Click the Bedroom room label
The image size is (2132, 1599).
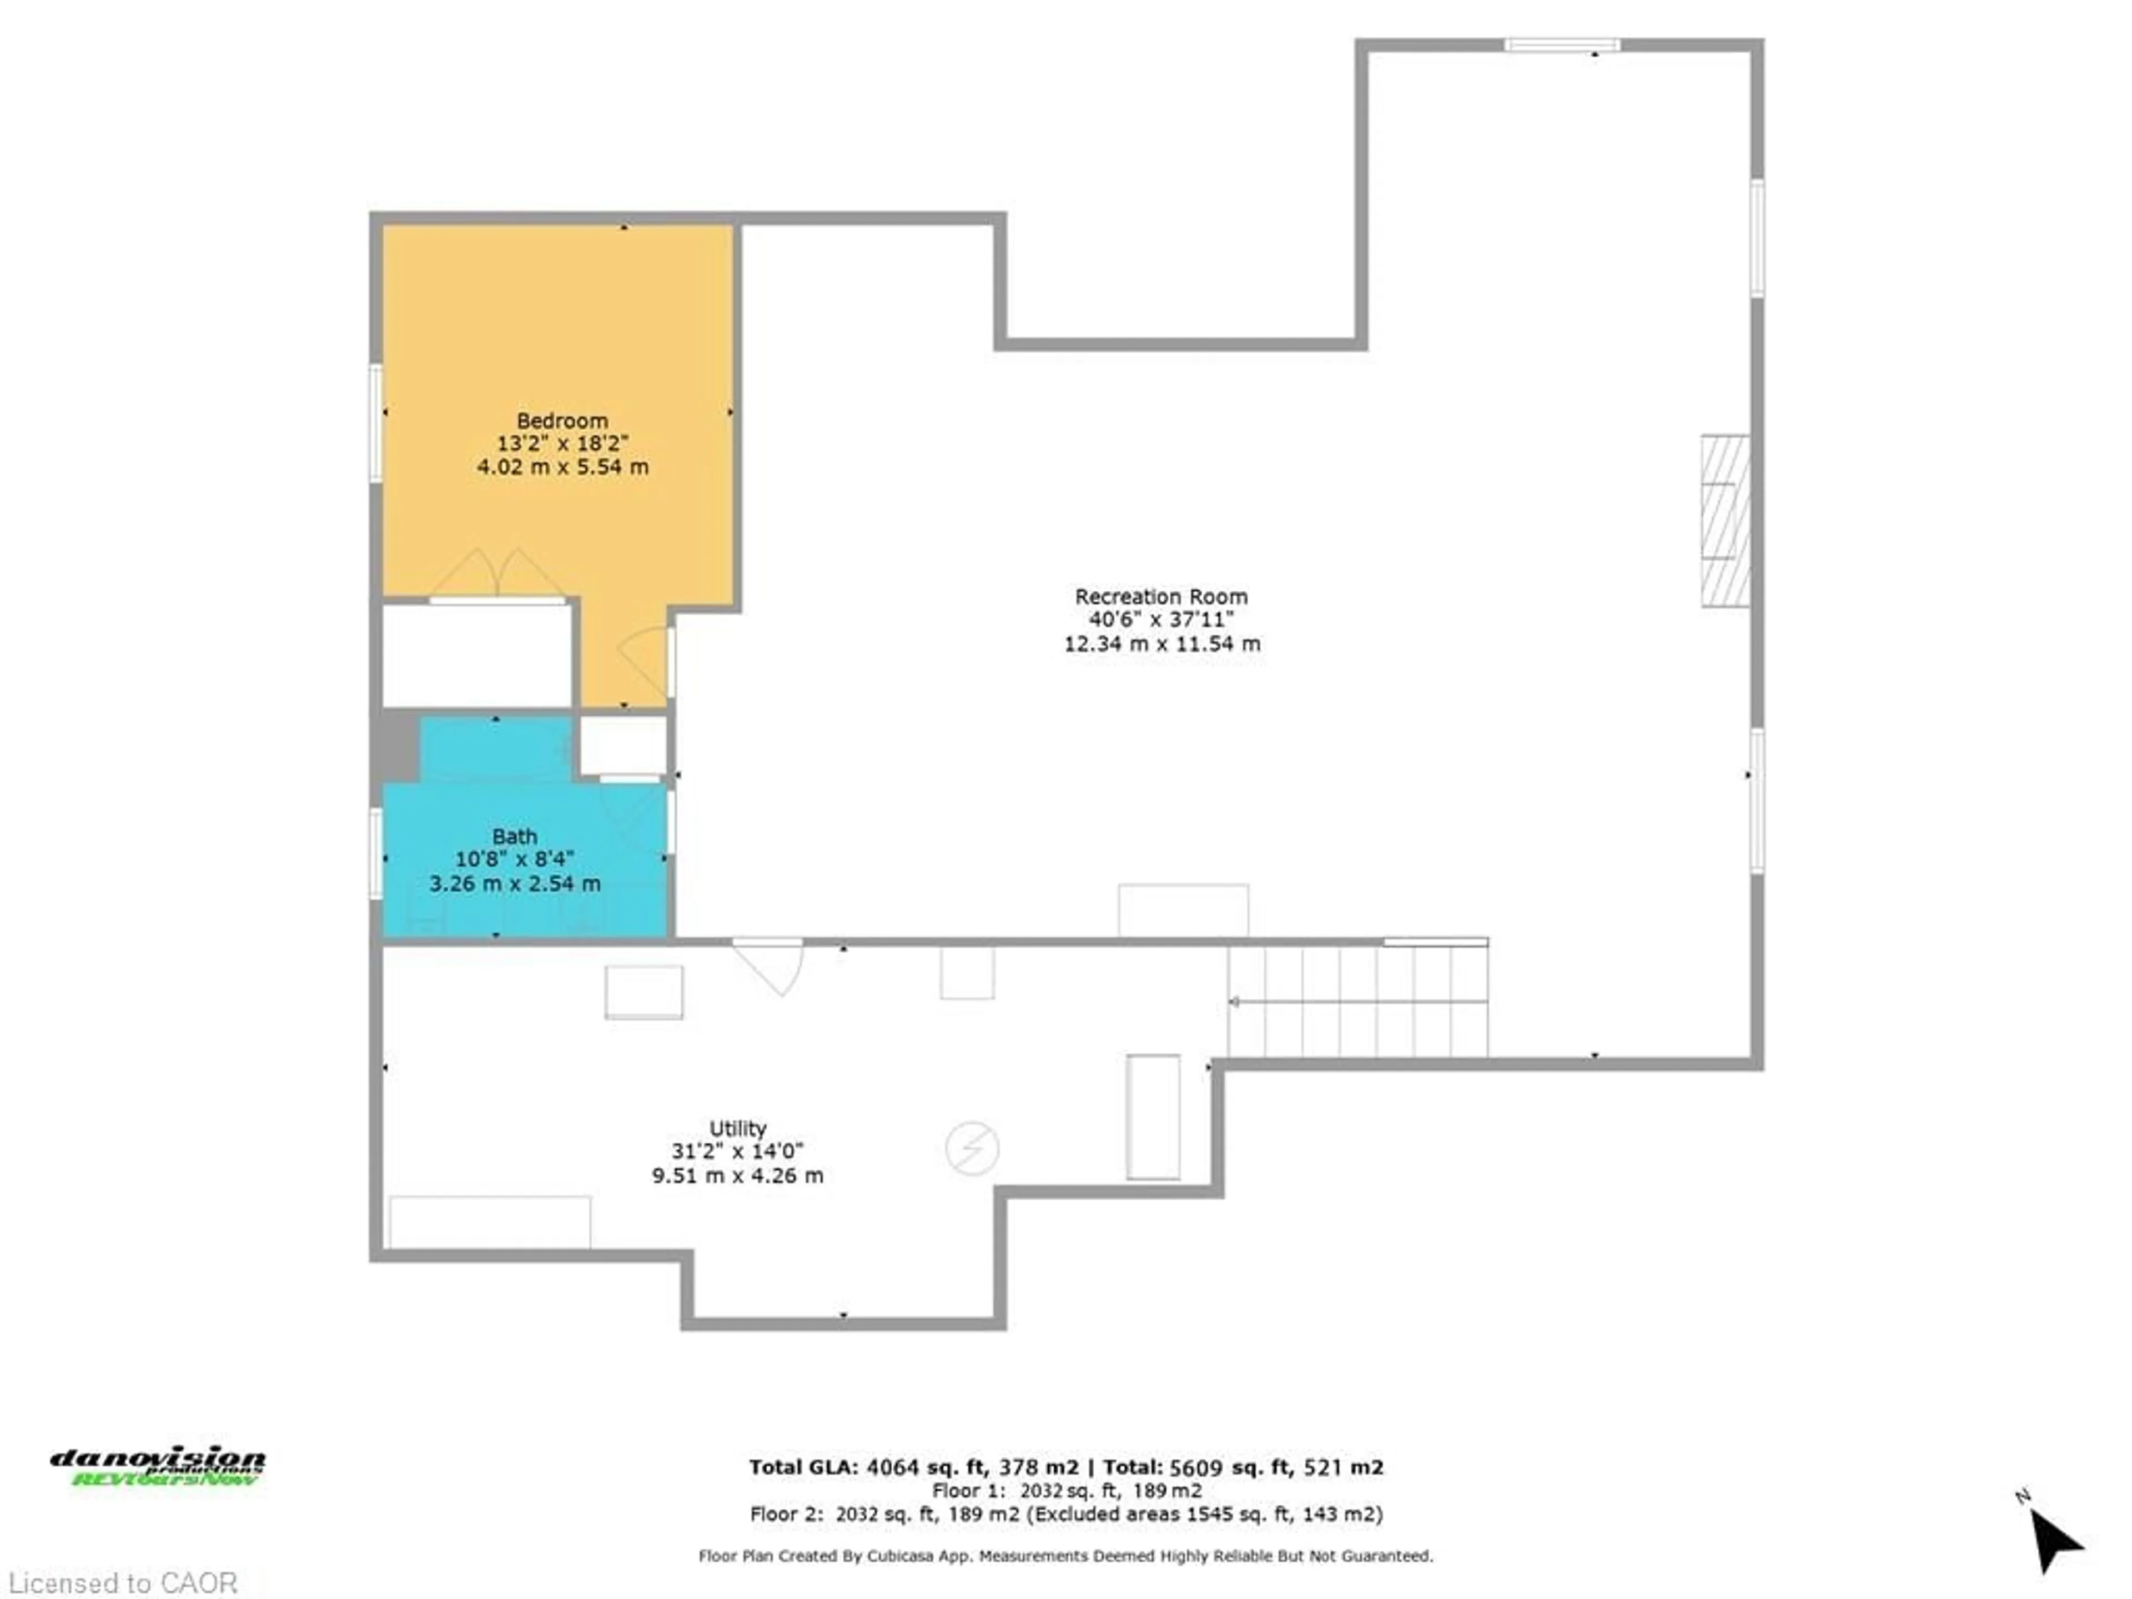point(562,421)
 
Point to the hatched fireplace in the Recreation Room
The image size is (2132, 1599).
point(1724,520)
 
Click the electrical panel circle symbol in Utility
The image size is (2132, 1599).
point(972,1148)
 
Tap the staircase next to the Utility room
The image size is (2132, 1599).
point(1356,1002)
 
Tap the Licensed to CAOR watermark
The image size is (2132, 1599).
point(122,1582)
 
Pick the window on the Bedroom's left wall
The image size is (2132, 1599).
point(376,422)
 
